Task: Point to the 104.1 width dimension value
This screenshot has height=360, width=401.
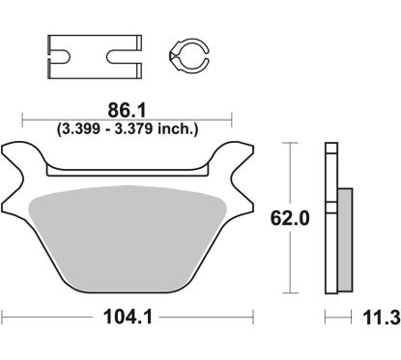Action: coord(127,315)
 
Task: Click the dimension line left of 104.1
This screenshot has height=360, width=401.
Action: coord(48,315)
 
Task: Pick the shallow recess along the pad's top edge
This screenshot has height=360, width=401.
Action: coord(129,170)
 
